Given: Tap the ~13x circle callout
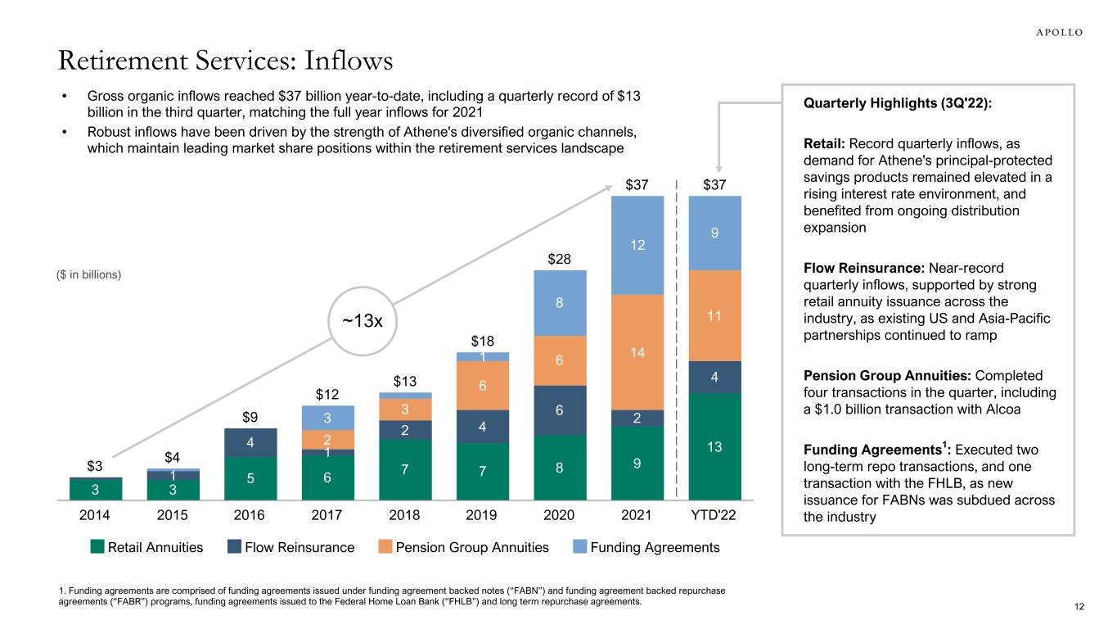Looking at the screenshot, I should click(x=362, y=321).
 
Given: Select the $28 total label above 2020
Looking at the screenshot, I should click(x=560, y=259).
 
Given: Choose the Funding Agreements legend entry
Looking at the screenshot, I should click(x=655, y=547).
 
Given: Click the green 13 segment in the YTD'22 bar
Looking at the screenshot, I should click(x=714, y=446).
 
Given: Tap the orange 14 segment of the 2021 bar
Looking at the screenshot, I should click(x=637, y=352).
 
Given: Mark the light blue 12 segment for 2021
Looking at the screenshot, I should click(x=637, y=245).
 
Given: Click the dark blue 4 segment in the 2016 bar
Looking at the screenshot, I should click(x=250, y=442).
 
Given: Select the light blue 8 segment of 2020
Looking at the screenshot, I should click(x=560, y=302).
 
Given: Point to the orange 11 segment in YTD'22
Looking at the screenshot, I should click(x=714, y=315).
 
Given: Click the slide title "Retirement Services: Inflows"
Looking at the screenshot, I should click(x=224, y=61).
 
